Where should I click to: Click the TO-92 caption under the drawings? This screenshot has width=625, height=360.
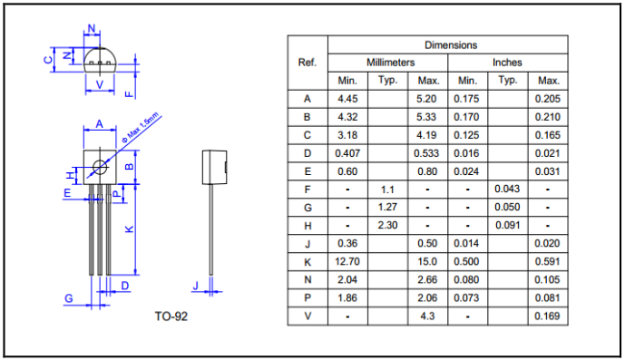171,316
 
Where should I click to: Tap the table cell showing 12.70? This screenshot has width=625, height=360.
347,261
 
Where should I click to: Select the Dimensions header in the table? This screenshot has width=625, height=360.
451,45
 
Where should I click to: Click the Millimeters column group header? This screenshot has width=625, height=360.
391,63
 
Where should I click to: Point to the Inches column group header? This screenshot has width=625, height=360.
507,63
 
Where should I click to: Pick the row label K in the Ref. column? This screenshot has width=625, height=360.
308,262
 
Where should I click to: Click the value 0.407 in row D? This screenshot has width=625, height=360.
347,153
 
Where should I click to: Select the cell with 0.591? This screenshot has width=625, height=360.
547,261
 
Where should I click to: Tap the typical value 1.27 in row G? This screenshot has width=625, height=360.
387,207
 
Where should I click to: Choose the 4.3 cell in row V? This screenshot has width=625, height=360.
427,316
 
